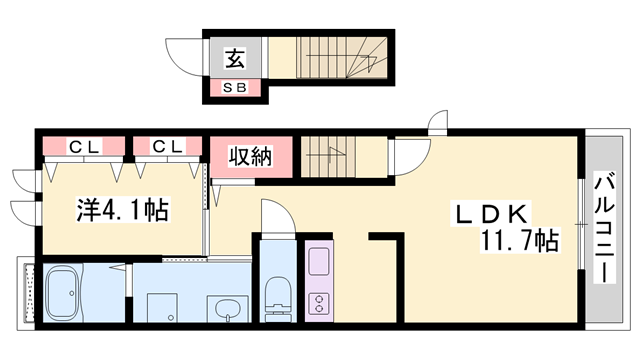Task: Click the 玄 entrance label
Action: [236, 58]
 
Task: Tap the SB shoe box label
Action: [235, 87]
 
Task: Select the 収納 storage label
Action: [250, 156]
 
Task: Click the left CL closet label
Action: [84, 146]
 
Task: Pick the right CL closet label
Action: [167, 146]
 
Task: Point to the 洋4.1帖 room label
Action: [122, 210]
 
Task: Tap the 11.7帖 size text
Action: [519, 240]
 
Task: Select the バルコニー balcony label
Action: [604, 228]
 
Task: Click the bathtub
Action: [62, 293]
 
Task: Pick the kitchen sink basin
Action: [319, 261]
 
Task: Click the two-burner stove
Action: [319, 303]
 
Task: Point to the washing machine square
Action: [162, 307]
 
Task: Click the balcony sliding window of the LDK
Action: [581, 224]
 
